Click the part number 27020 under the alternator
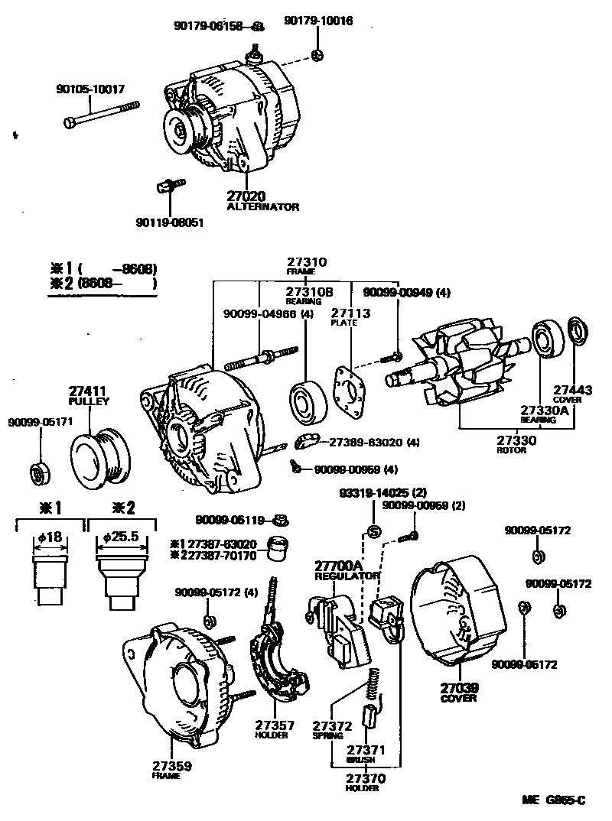point(246,196)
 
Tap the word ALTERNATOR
point(263,207)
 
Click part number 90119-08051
point(170,223)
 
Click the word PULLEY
point(89,401)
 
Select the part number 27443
point(573,390)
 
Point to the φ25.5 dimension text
point(121,537)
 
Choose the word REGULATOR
point(347,576)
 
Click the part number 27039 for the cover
point(458,687)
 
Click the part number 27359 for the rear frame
point(171,766)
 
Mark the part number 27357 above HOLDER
point(272,725)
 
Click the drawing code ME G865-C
point(554,800)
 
